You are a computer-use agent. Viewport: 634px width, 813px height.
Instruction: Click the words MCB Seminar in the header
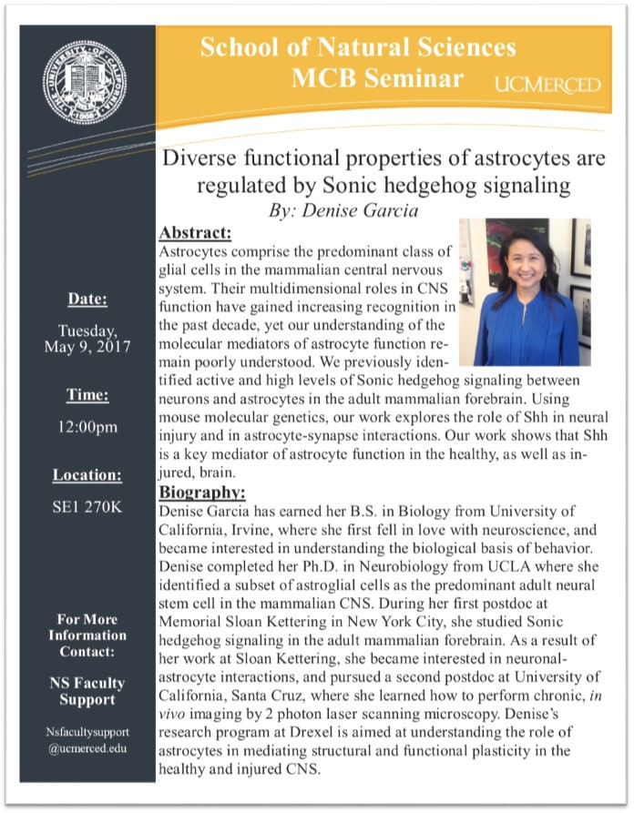(377, 78)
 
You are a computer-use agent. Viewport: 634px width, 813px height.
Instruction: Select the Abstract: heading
(195, 233)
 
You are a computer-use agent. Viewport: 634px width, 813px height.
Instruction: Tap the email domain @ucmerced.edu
(88, 748)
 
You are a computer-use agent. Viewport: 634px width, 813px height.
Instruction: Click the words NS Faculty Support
(88, 691)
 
